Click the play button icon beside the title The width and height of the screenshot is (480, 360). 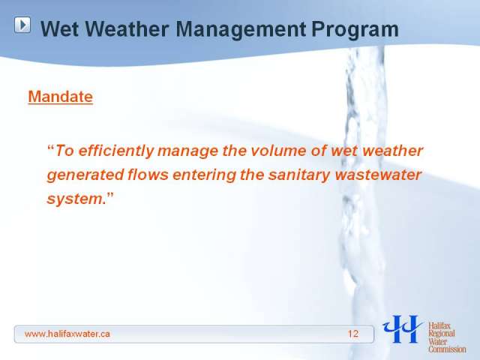pyautogui.click(x=22, y=25)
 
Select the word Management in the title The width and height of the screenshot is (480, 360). pyautogui.click(x=241, y=30)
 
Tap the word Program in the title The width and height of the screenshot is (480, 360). pyautogui.click(x=355, y=30)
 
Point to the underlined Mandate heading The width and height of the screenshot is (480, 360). pyautogui.click(x=60, y=97)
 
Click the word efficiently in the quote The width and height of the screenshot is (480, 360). pyautogui.click(x=116, y=151)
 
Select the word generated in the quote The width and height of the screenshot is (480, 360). pyautogui.click(x=85, y=175)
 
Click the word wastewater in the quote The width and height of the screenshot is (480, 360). pyautogui.click(x=378, y=175)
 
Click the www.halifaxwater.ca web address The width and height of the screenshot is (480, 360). pyautogui.click(x=67, y=334)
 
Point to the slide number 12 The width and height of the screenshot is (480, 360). pyautogui.click(x=353, y=334)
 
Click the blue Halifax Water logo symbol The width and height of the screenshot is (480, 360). pyautogui.click(x=402, y=329)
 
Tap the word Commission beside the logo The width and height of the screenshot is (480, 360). pyautogui.click(x=447, y=349)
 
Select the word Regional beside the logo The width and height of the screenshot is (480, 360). pyautogui.click(x=442, y=334)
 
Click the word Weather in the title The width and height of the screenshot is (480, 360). pyautogui.click(x=127, y=29)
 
